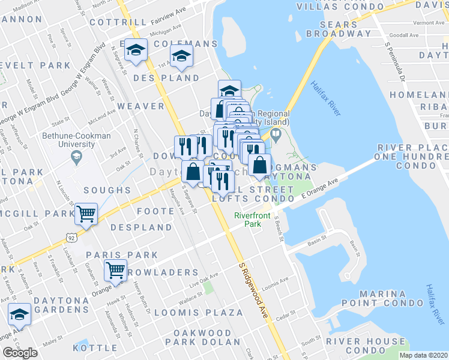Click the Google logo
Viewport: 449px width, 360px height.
[20, 353]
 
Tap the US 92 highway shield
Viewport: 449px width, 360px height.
[71, 238]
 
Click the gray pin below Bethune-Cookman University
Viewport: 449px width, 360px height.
[76, 158]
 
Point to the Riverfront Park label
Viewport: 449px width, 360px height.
[253, 220]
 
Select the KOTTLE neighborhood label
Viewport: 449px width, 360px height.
[95, 347]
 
